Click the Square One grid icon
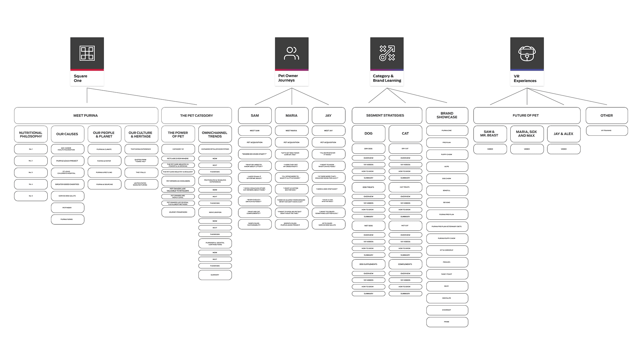click(x=87, y=53)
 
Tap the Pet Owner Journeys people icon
click(x=292, y=53)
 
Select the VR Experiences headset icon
click(x=527, y=53)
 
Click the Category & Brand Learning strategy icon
click(x=387, y=53)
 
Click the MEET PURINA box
click(x=86, y=115)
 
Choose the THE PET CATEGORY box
click(x=196, y=115)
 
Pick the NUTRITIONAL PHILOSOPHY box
click(x=31, y=134)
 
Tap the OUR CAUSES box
click(x=67, y=134)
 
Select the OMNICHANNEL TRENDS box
click(x=215, y=134)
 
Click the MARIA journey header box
click(x=292, y=115)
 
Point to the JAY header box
click(x=328, y=115)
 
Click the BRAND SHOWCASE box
click(x=447, y=115)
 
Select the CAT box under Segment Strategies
click(x=405, y=133)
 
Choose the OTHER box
click(x=607, y=115)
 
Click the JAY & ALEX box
click(x=564, y=134)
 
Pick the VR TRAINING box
click(x=607, y=131)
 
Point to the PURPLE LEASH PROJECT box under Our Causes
click(x=67, y=161)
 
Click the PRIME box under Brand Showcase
click(x=447, y=322)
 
